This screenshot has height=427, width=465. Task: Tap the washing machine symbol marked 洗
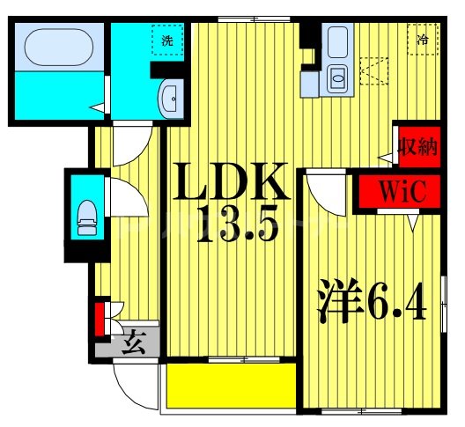point(165,40)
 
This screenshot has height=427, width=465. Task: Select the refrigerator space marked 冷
point(423,39)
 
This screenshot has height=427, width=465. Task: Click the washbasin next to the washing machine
point(171,98)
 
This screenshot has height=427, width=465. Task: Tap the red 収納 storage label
point(416,146)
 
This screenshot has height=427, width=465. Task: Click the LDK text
point(232,184)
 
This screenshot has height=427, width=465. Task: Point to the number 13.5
point(236,226)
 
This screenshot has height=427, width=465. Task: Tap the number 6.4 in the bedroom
point(397,303)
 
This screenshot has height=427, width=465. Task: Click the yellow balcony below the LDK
point(231,387)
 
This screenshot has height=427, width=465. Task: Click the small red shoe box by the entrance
point(100,319)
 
